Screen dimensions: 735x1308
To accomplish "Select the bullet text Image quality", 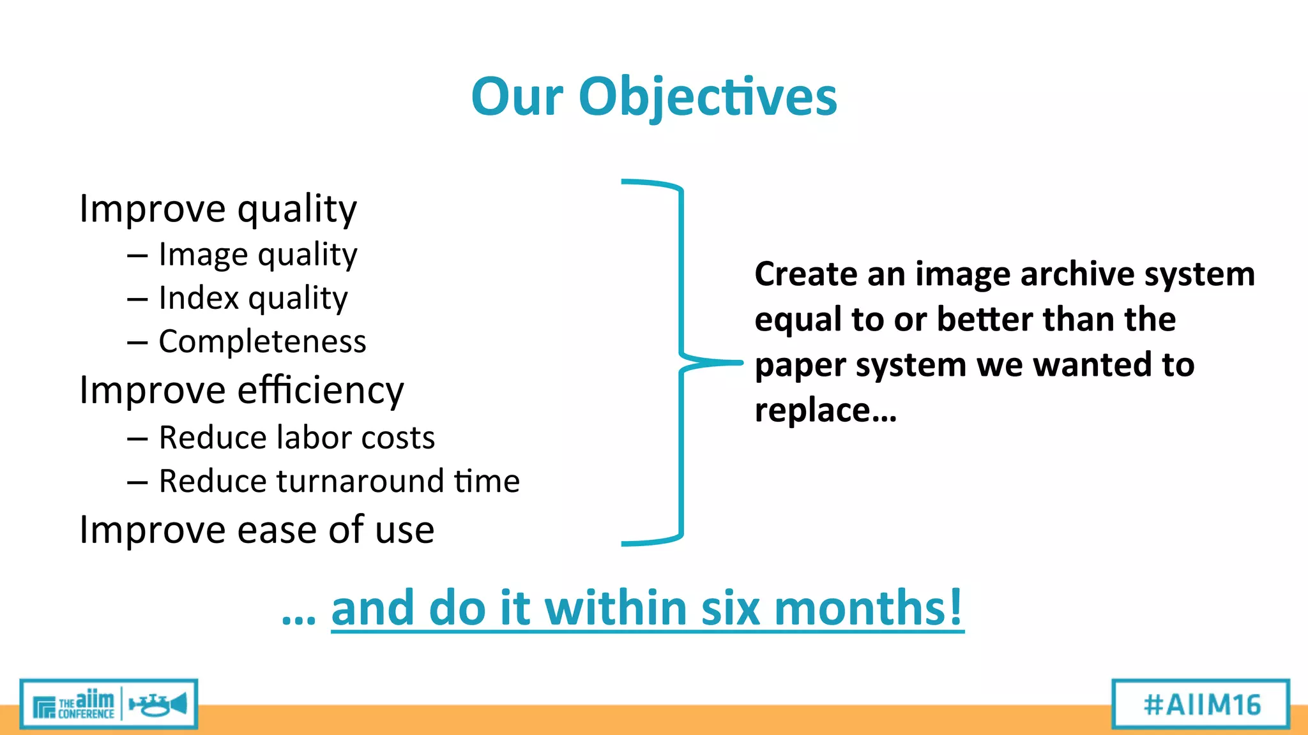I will coord(257,255).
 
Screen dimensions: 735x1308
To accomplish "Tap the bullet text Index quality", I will coord(253,299).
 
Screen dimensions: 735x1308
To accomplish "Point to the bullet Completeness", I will coord(262,341).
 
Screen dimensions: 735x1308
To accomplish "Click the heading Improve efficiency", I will coord(241,390).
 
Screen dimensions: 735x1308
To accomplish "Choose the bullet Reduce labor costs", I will coord(296,438).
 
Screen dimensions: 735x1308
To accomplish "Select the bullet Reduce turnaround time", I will coord(339,481).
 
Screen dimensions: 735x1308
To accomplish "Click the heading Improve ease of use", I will coord(256,530).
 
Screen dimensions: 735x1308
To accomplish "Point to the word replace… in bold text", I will coord(825,410).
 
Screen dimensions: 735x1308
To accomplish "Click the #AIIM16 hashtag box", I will coord(1201,704).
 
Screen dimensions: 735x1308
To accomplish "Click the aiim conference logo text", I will coord(86,705).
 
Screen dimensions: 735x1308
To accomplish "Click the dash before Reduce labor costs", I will coord(137,439).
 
